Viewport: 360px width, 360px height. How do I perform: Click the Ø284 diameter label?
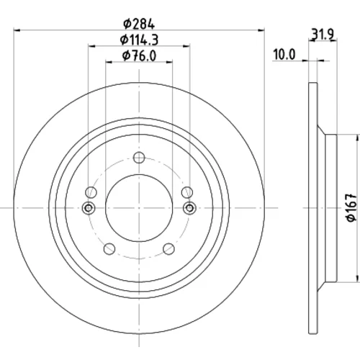click(139, 24)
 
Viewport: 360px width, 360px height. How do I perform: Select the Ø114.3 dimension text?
click(139, 40)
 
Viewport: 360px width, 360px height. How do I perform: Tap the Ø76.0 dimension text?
click(139, 56)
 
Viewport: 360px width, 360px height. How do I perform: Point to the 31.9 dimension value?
click(323, 35)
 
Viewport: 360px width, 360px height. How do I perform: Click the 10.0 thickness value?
click(284, 55)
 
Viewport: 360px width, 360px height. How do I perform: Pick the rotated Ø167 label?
click(351, 208)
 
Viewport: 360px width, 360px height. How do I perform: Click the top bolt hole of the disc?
click(139, 158)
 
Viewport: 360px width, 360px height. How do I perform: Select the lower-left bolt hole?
click(109, 248)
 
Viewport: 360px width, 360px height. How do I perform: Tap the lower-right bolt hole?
click(168, 248)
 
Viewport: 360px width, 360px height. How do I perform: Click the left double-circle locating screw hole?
click(89, 208)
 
